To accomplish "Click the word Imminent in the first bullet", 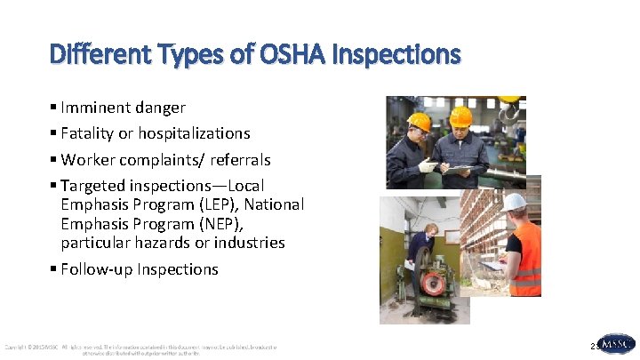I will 95,108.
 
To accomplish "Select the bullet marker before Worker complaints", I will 54,160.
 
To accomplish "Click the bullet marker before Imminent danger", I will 54,108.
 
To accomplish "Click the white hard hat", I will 515,202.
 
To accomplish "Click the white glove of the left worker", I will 428,166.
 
